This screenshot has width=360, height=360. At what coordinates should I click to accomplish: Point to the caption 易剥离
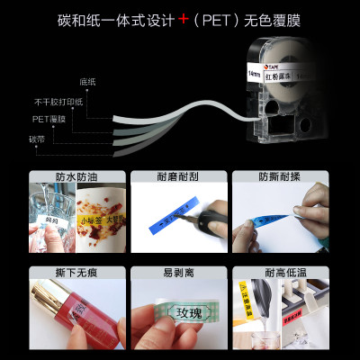(180, 271)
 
